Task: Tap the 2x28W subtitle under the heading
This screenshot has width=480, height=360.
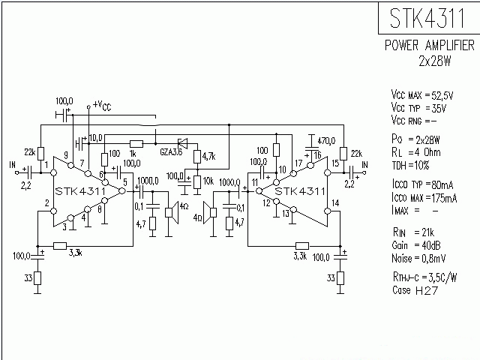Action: coord(435,59)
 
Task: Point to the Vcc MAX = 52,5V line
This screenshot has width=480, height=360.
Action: coord(422,96)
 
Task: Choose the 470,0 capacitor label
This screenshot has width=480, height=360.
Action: coord(326,140)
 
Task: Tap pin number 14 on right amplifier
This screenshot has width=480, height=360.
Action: coord(336,203)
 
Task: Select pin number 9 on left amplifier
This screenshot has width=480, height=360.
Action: coord(66,155)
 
